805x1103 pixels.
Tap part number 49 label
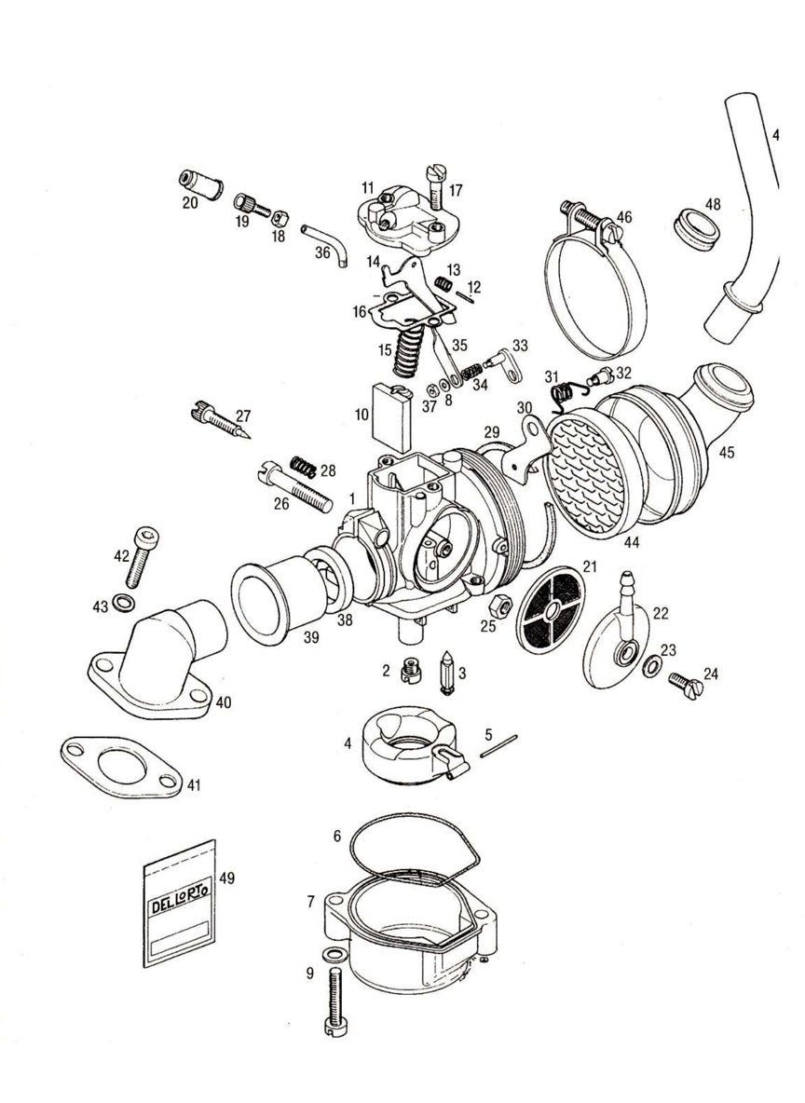click(226, 878)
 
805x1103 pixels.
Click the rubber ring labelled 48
click(694, 227)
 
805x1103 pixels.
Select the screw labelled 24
click(684, 688)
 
